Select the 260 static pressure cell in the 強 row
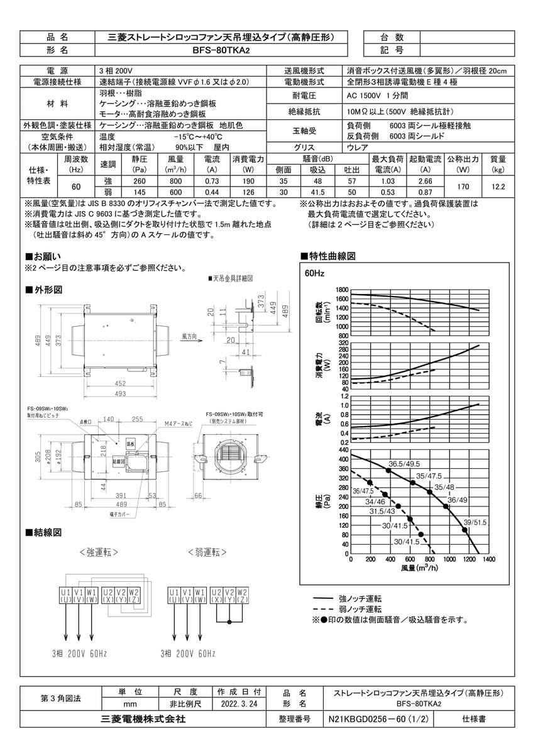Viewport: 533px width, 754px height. point(139,181)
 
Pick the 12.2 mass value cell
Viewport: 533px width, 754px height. point(498,187)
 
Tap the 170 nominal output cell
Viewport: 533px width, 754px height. point(463,187)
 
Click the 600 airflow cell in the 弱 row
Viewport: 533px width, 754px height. point(175,192)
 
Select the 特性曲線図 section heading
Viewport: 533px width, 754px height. point(331,256)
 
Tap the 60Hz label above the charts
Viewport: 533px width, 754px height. point(314,274)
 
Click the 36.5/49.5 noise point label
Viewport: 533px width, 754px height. point(403,464)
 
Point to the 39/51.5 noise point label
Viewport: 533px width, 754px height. point(475,522)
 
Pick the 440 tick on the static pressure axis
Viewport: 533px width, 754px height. point(343,450)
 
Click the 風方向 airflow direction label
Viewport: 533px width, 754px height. point(190,337)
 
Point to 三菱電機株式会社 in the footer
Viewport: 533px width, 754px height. point(144,719)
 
